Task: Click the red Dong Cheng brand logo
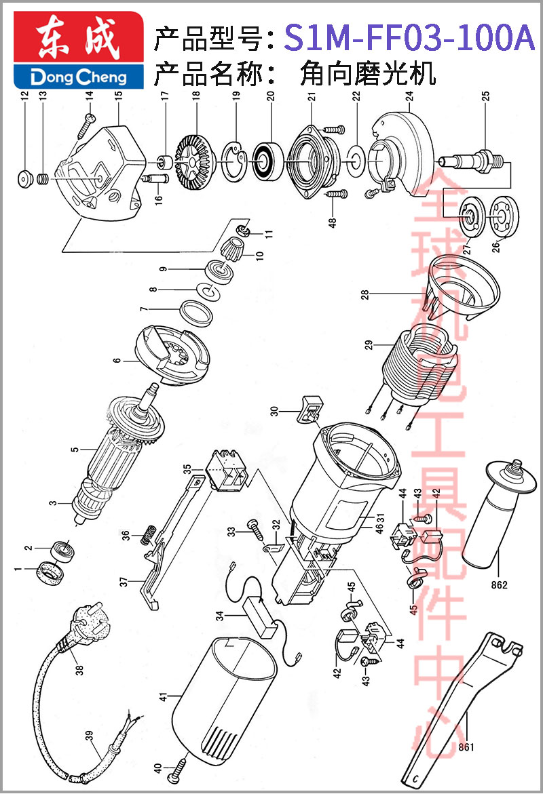pyautogui.click(x=79, y=49)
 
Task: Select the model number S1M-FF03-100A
pyautogui.click(x=409, y=37)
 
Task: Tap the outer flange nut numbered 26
pyautogui.click(x=504, y=216)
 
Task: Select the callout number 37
pyautogui.click(x=124, y=582)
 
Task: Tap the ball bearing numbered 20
pyautogui.click(x=265, y=161)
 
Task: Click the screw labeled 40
pyautogui.click(x=178, y=764)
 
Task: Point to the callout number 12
pyautogui.click(x=24, y=95)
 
